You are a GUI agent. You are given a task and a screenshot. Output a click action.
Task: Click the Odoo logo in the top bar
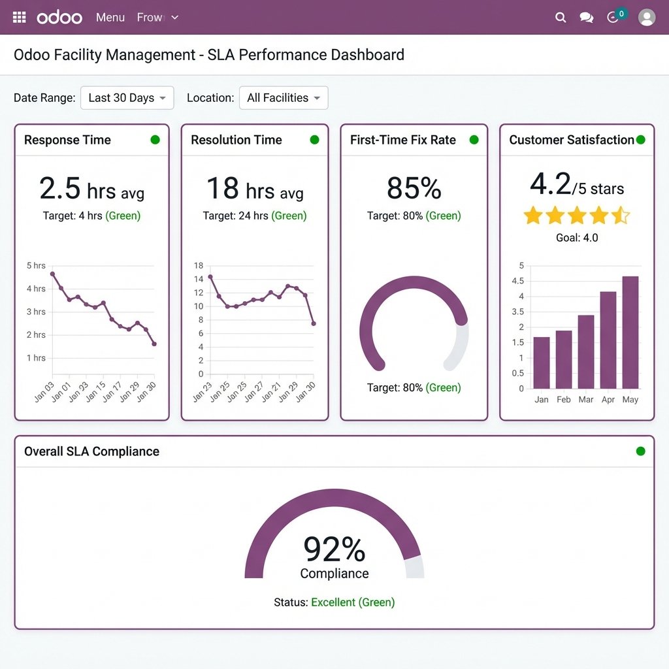59,18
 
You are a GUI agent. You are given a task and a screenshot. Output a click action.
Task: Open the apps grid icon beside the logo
20,18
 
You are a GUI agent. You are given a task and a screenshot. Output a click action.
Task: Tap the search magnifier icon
560,18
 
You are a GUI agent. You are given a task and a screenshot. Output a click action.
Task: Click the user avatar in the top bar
646,18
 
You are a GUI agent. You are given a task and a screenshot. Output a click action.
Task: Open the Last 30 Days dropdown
127,98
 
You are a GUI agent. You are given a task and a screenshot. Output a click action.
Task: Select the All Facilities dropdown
284,98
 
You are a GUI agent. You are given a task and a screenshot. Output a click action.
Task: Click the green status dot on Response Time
155,140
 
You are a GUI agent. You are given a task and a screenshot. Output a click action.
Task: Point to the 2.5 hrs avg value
91,189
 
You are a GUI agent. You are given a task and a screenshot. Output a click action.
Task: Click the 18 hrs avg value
255,189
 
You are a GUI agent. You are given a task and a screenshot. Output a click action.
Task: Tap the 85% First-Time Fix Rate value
414,189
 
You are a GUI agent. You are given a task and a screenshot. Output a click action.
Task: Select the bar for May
630,333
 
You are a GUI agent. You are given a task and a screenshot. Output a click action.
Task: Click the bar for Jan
542,363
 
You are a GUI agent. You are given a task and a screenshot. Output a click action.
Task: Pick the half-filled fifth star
620,216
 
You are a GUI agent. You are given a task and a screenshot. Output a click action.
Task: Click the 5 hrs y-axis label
36,266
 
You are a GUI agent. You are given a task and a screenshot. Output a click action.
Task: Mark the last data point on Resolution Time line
314,323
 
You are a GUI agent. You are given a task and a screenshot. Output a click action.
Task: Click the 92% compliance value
334,549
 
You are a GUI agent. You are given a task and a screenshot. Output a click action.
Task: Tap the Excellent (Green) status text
353,602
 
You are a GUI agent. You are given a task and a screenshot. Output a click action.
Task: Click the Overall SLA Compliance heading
91,451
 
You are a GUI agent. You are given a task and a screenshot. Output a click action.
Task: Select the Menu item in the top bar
110,18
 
